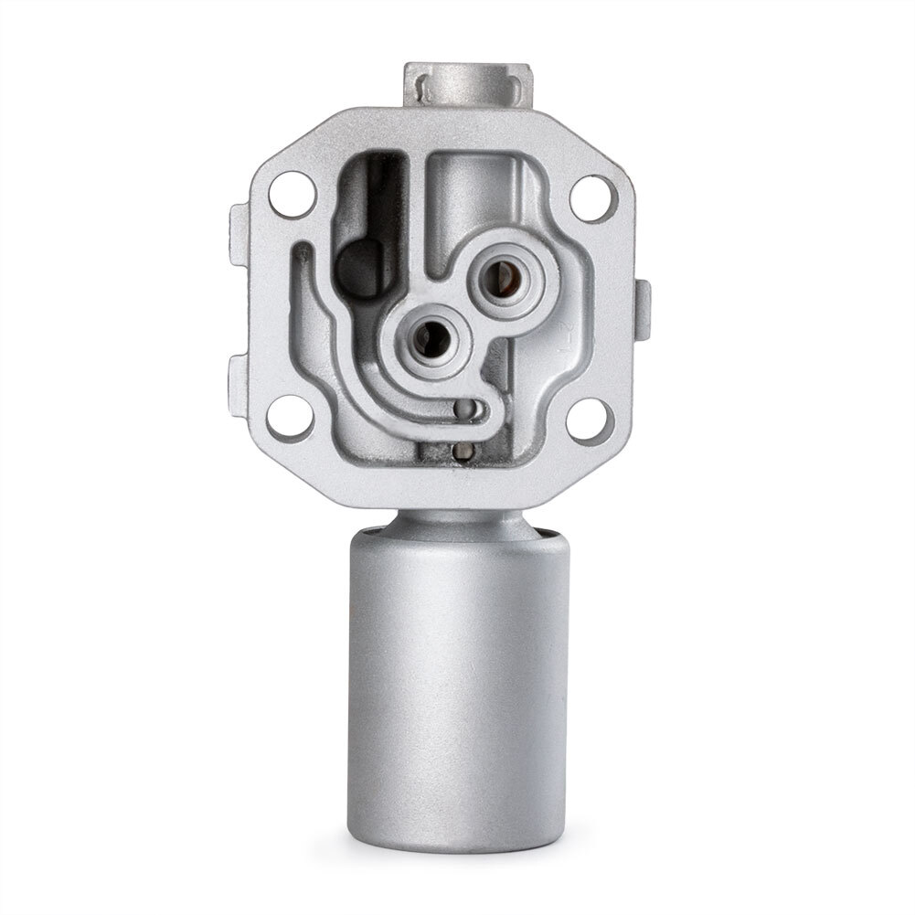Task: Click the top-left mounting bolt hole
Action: pos(293,194)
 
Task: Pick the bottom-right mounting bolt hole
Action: pos(590,420)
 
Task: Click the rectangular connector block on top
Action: pos(468,85)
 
